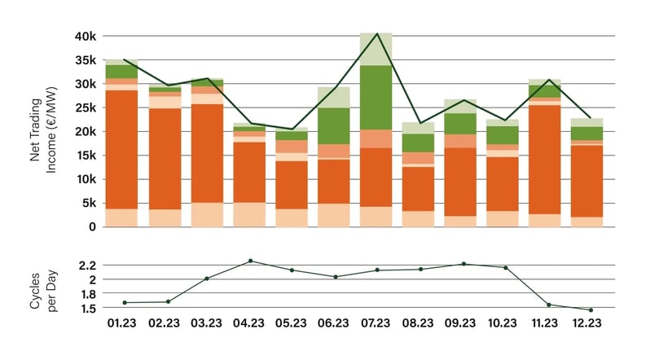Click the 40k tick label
point(85,36)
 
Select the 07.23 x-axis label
point(376,323)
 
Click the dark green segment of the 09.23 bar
point(461,124)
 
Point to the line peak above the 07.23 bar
point(376,33)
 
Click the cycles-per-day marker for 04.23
point(251,261)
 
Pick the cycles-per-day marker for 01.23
point(125,302)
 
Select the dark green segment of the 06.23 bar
point(333,126)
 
